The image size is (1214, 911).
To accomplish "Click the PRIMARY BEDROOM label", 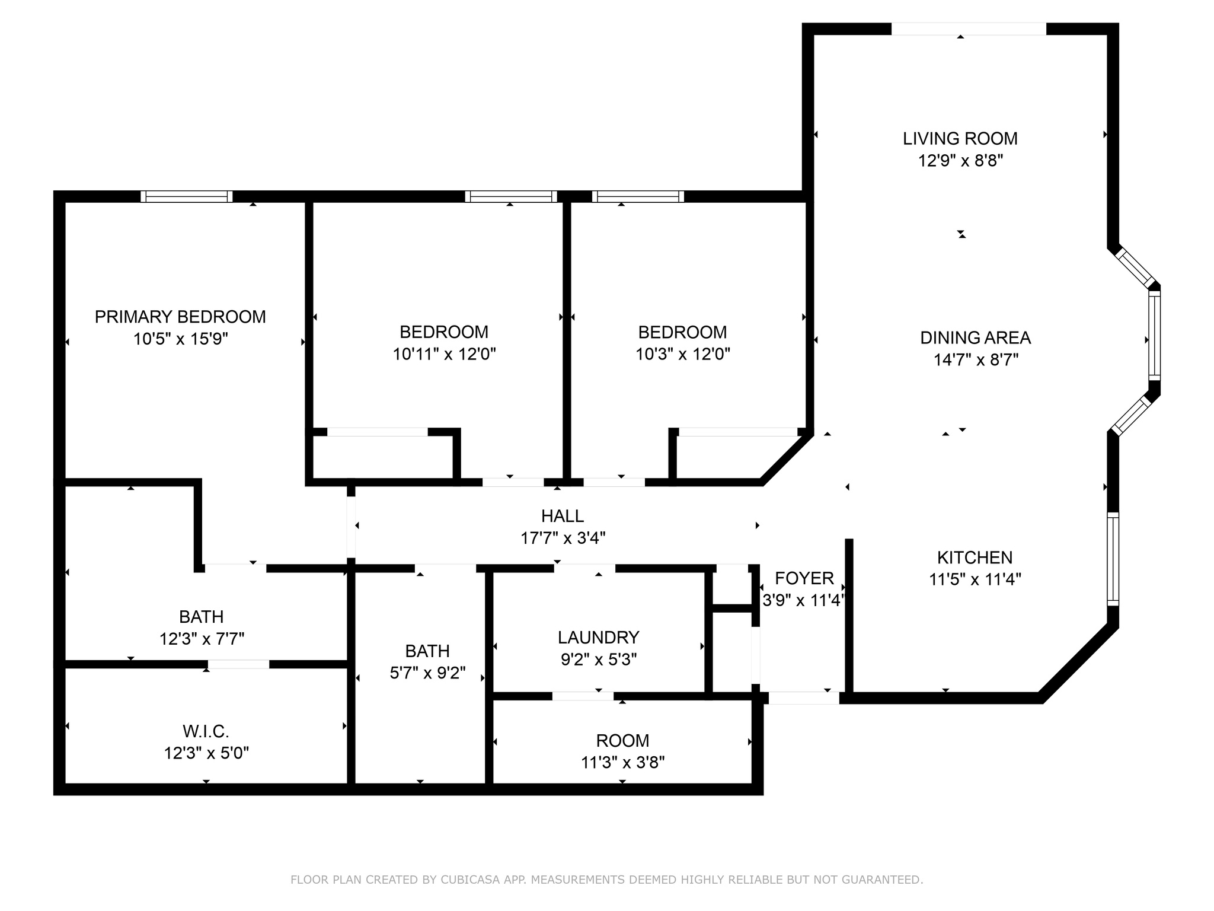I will [180, 317].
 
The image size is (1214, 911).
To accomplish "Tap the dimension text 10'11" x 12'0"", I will [444, 354].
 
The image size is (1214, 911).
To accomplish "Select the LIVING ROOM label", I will [960, 139].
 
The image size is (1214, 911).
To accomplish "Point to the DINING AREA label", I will [975, 338].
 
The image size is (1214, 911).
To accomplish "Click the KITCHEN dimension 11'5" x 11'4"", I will [975, 579].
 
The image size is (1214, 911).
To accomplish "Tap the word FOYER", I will [804, 578].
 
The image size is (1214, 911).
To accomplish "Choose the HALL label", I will [562, 516].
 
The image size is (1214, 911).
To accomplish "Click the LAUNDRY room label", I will [598, 638].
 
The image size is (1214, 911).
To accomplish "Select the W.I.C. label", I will [206, 731].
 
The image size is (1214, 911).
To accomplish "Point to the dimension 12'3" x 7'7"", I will [202, 639].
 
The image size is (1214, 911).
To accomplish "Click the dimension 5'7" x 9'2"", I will [427, 673].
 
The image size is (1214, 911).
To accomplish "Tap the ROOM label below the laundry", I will [622, 740].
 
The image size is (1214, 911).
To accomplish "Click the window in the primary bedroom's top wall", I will [187, 197].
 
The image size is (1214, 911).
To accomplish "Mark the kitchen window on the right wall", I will [1113, 559].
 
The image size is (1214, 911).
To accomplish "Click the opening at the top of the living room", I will [968, 29].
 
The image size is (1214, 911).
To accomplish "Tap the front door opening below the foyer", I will [803, 698].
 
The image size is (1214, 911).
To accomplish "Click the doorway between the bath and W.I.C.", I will [238, 664].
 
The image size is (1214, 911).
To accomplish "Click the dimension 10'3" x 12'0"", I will [682, 354].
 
